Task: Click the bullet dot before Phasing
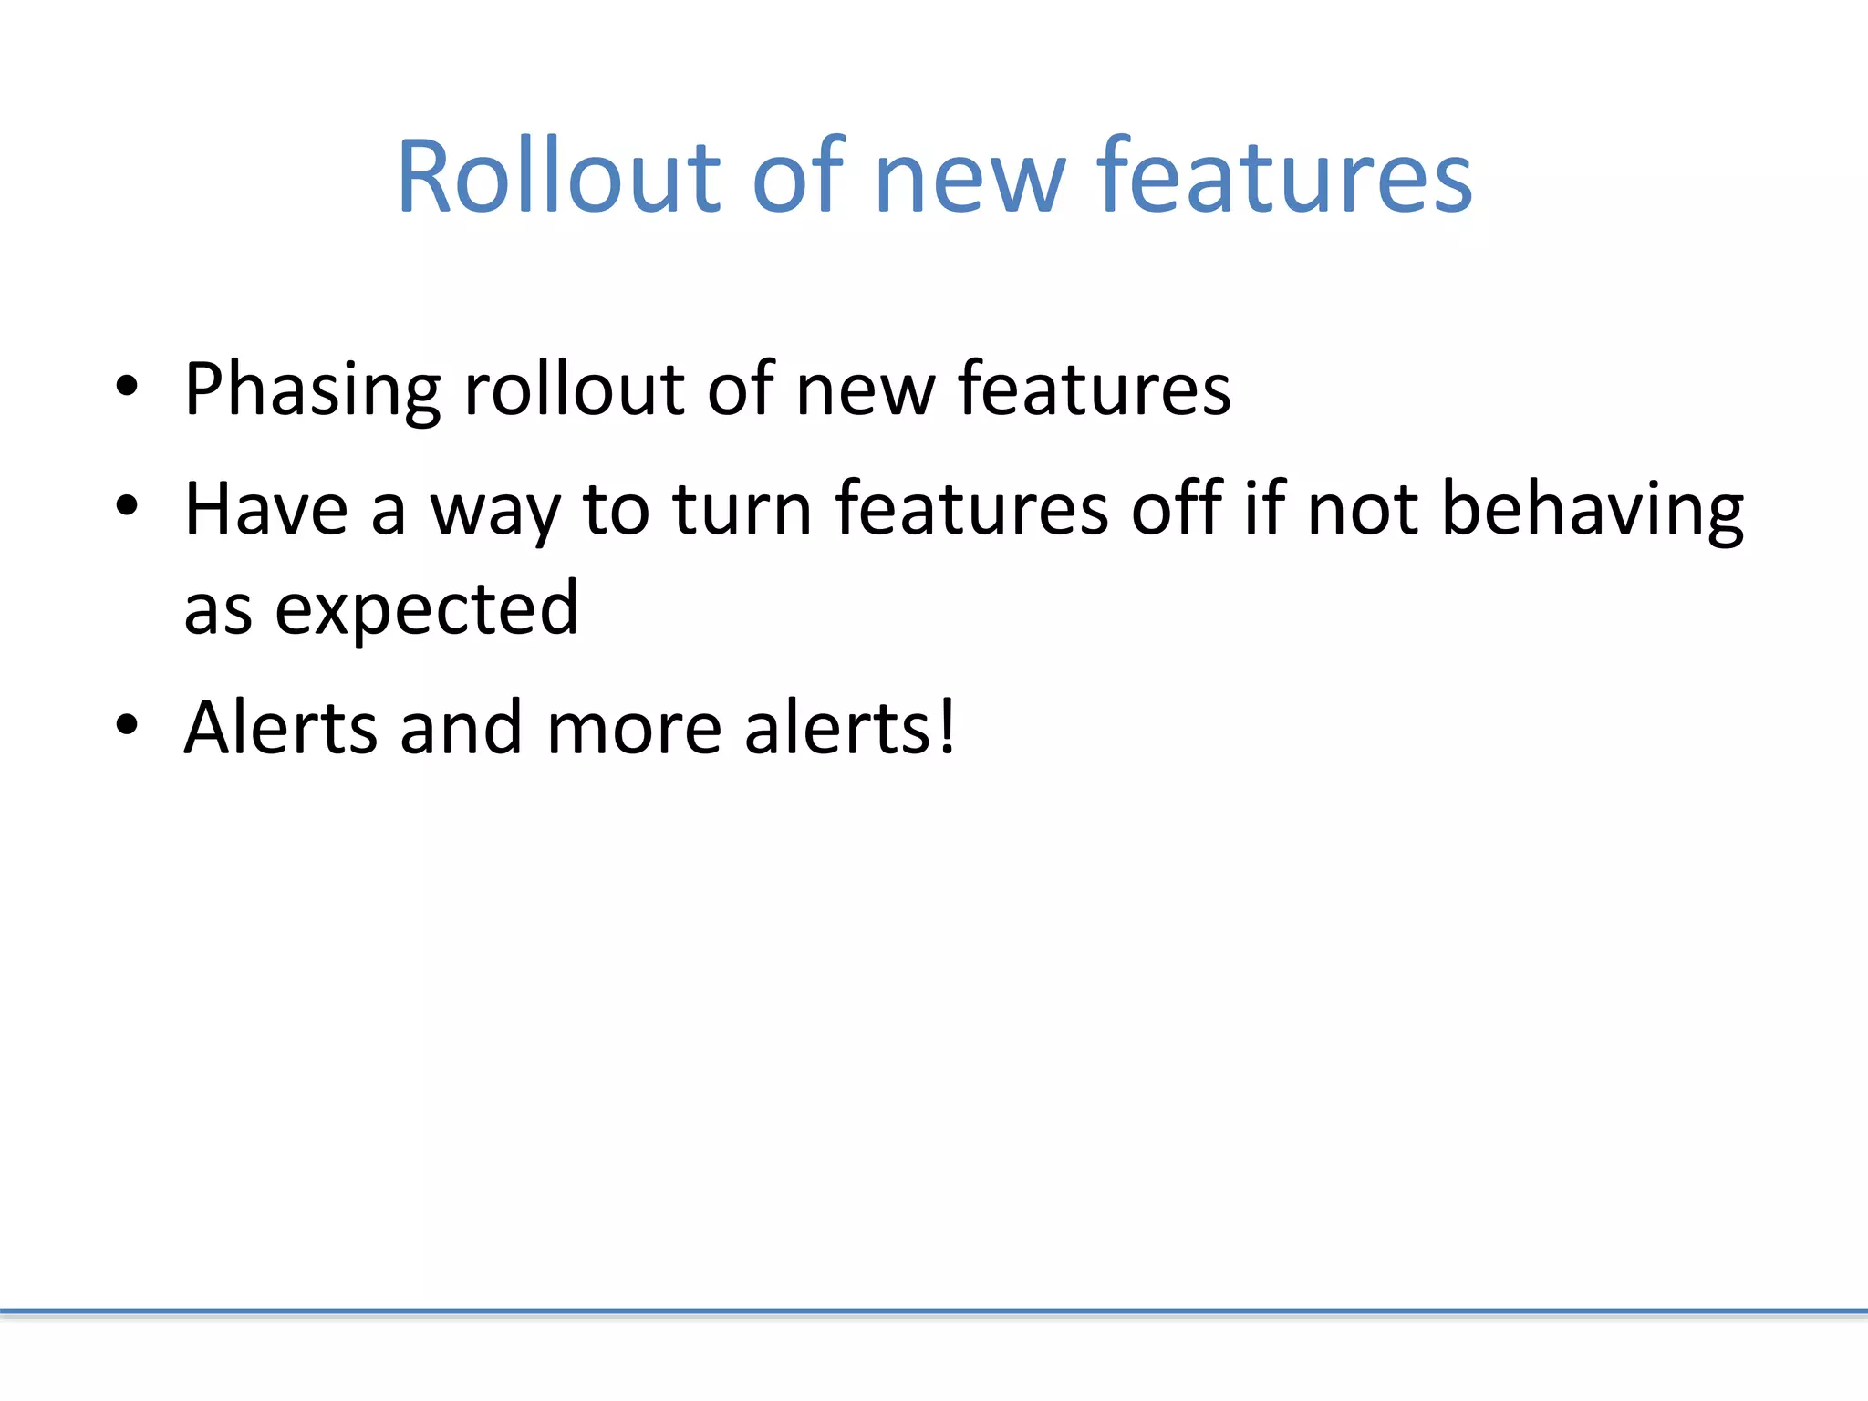(x=127, y=387)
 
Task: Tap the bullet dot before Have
(x=127, y=505)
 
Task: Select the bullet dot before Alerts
(x=127, y=725)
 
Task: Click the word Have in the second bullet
(x=265, y=509)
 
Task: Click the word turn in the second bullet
(x=742, y=509)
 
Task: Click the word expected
(x=426, y=610)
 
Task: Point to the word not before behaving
(x=1362, y=509)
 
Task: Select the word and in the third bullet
(x=461, y=728)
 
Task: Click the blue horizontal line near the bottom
(x=934, y=1312)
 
